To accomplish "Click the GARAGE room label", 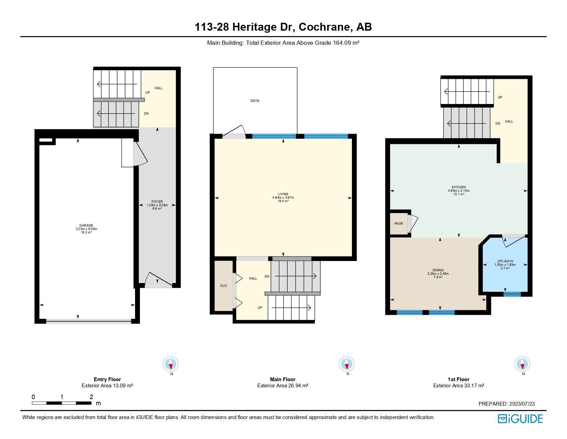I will click(x=86, y=226).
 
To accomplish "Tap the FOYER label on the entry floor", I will click(x=157, y=202).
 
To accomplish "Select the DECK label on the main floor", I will click(x=255, y=101).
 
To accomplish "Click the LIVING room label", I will click(x=283, y=194).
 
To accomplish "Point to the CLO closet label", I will click(x=223, y=286).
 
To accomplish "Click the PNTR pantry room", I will click(x=399, y=224).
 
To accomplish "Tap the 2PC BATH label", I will click(x=505, y=261).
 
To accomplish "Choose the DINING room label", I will click(x=438, y=270).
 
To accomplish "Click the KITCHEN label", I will click(x=459, y=187).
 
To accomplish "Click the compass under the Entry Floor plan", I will click(x=170, y=364).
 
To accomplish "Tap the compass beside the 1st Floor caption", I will click(x=522, y=364).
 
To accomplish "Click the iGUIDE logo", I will click(x=520, y=419).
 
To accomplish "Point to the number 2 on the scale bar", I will click(x=91, y=397).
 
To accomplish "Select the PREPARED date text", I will click(x=507, y=404).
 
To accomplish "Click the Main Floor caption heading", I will click(x=282, y=379).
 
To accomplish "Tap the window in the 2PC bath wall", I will click(x=512, y=294).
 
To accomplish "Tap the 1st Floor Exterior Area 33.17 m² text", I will click(x=458, y=386).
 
